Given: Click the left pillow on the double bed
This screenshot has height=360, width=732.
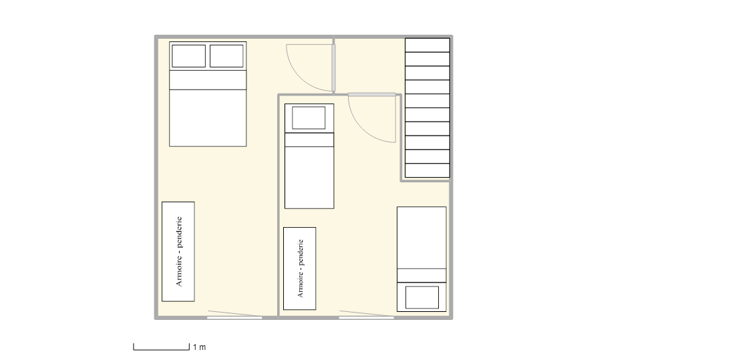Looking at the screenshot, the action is [x=188, y=56].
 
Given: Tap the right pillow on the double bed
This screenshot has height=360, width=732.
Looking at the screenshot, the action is [x=226, y=56].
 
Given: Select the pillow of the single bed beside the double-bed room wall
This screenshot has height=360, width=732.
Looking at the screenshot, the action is [x=309, y=118].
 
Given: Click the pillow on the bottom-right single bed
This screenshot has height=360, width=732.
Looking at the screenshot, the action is [x=422, y=297].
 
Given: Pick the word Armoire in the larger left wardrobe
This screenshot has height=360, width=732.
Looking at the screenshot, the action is [x=179, y=271].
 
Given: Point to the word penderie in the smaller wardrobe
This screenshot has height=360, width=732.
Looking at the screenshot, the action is [x=300, y=253].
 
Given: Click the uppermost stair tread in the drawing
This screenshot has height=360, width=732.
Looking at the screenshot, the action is [x=427, y=45].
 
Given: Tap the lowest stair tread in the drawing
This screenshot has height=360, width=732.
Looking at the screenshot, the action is [x=427, y=170].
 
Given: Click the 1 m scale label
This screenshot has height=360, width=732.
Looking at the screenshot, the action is [x=199, y=347].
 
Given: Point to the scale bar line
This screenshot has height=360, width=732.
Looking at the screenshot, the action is [x=162, y=350].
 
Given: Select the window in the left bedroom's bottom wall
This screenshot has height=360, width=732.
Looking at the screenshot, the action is [x=234, y=317].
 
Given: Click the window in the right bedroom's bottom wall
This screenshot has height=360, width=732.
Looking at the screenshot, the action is [x=367, y=317].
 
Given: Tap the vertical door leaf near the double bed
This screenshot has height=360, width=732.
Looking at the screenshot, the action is [x=333, y=67].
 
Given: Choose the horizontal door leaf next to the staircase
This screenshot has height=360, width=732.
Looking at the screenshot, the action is [x=372, y=95].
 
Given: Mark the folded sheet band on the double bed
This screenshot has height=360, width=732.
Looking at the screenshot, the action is [x=208, y=80].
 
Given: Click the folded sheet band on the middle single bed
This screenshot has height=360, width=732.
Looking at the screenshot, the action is [x=309, y=140].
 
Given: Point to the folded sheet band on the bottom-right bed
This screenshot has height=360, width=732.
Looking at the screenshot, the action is [x=421, y=275].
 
